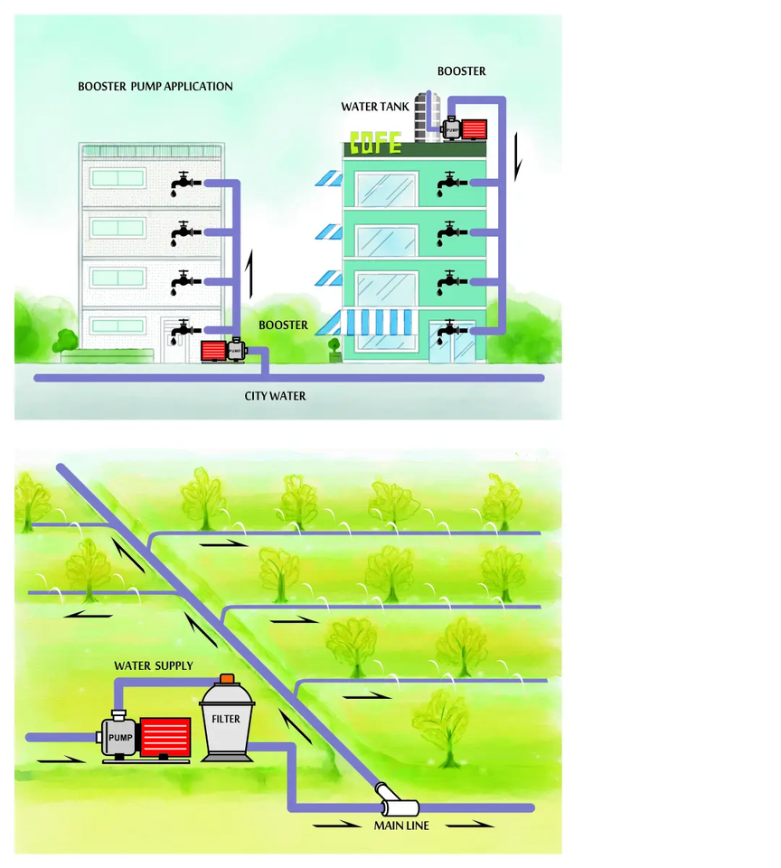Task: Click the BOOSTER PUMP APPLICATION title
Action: tap(155, 87)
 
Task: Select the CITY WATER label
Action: tap(275, 396)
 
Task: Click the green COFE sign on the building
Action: tap(375, 143)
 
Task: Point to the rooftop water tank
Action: tap(428, 115)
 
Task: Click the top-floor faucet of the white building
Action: tap(183, 184)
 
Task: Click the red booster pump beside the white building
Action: tap(213, 351)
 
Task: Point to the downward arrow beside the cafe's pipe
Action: tap(518, 156)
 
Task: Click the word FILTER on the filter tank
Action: tap(226, 720)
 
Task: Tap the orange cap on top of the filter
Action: tap(227, 678)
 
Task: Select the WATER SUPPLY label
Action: tap(154, 666)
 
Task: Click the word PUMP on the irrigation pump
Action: tap(120, 738)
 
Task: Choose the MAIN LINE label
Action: tap(401, 826)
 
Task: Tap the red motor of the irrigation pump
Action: tap(165, 737)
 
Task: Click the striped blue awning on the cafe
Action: tap(378, 321)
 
